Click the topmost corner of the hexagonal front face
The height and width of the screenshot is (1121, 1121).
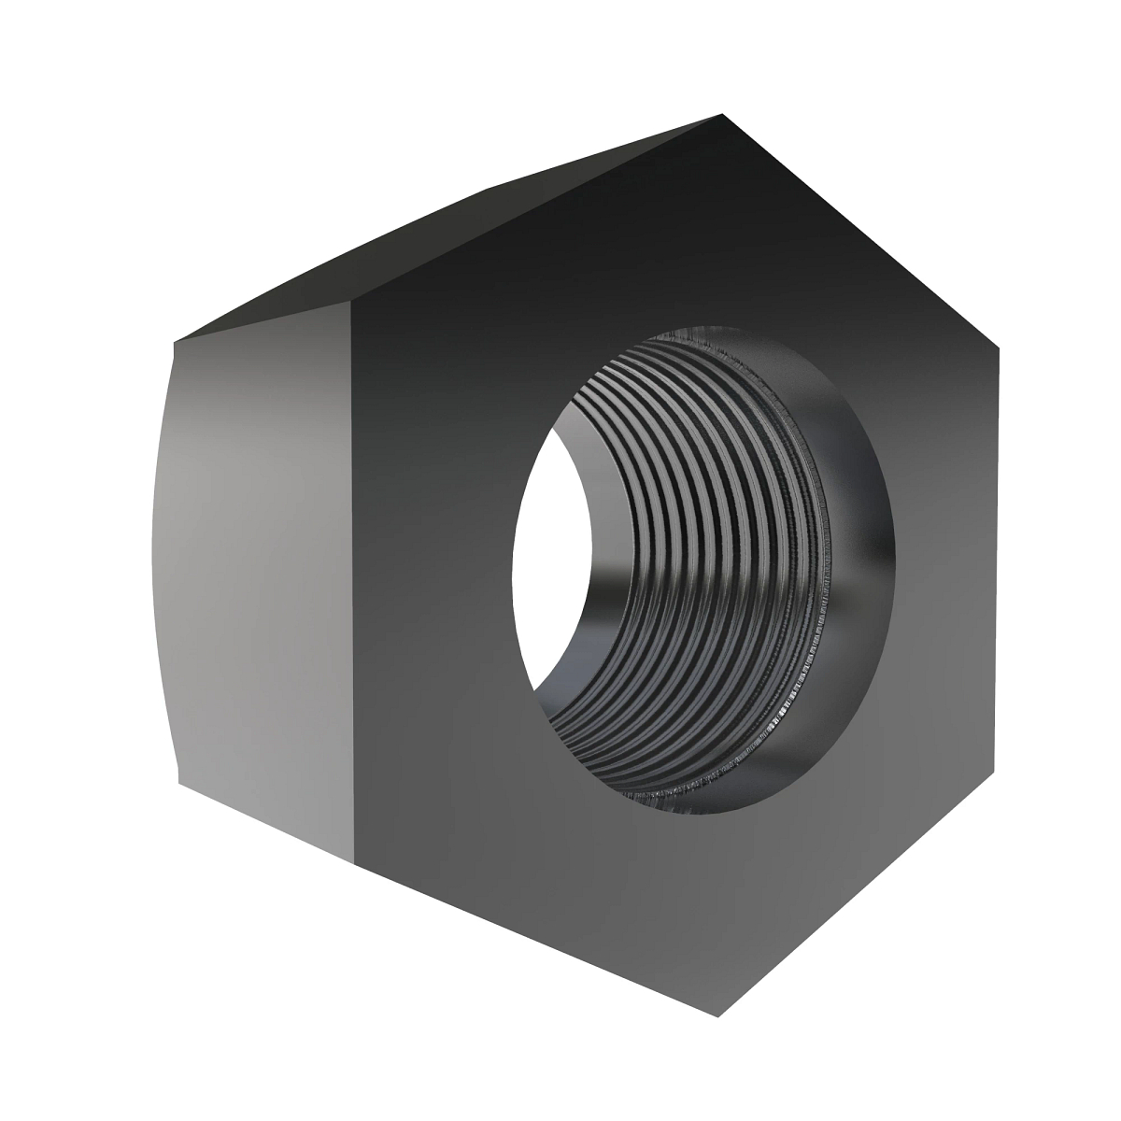(722, 115)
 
